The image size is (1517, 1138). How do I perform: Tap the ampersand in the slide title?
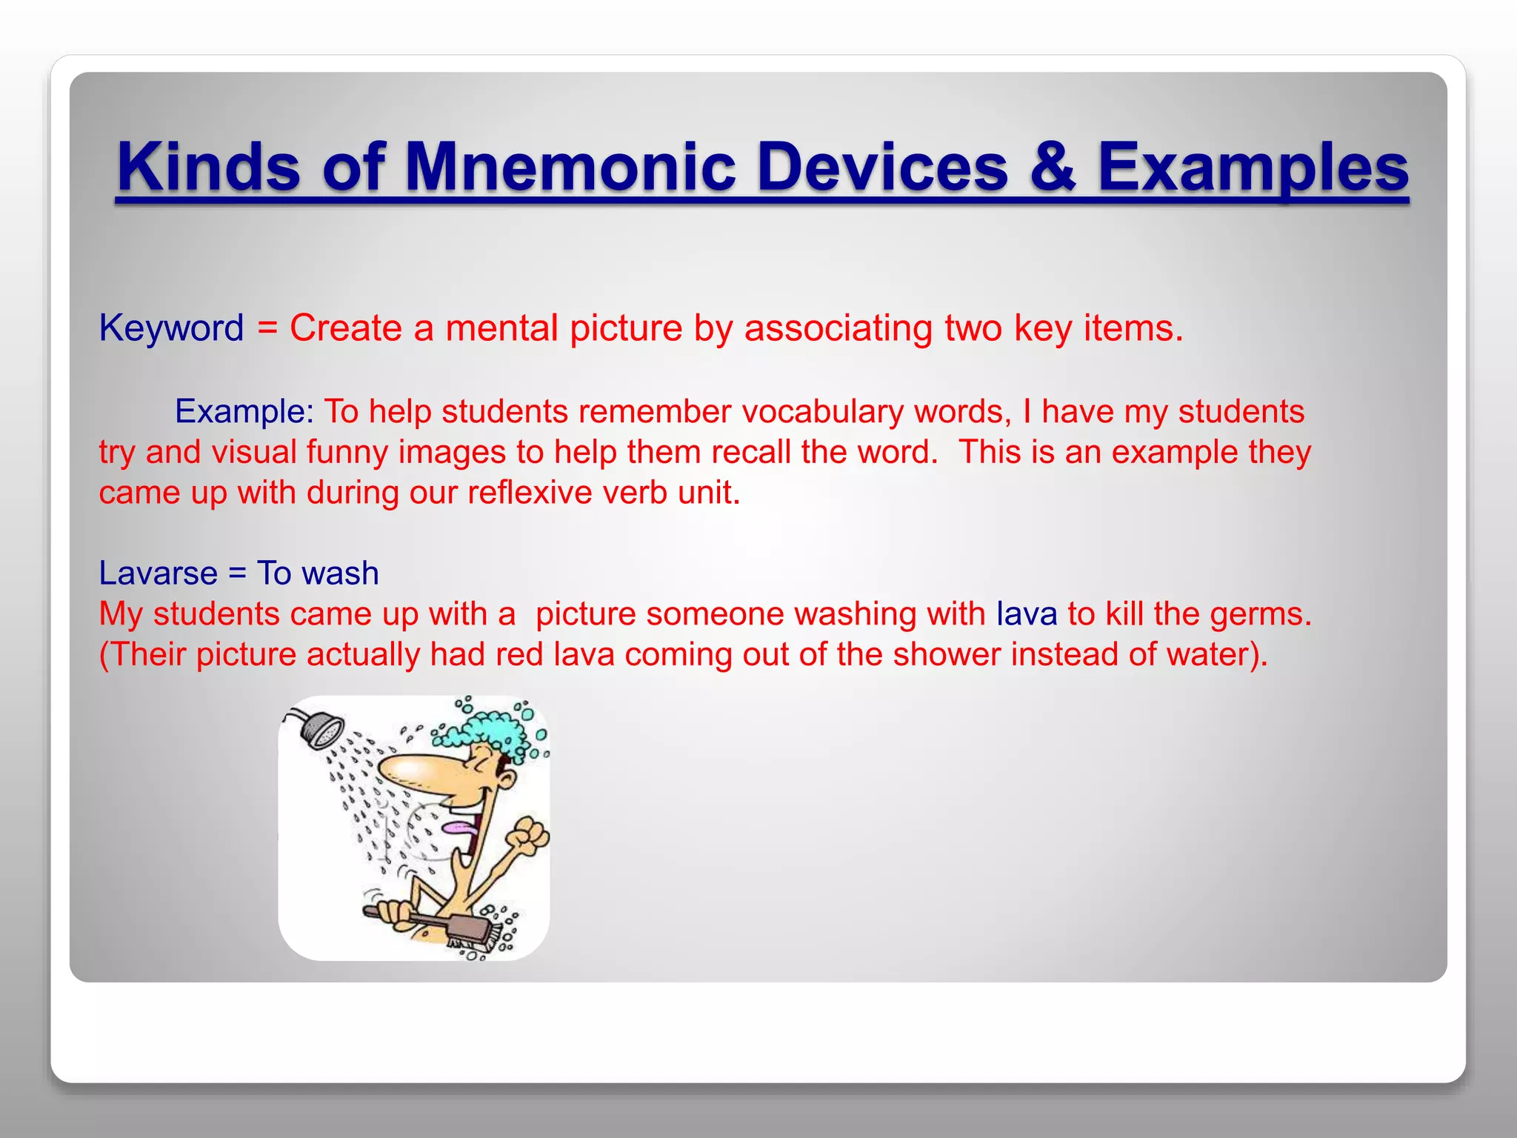tap(1052, 167)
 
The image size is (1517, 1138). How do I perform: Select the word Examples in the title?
tap(1253, 167)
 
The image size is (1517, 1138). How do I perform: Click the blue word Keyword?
tap(171, 328)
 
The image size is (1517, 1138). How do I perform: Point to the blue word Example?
tap(244, 411)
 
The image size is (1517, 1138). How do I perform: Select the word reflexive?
tap(530, 492)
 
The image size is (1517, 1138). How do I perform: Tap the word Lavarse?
tap(158, 573)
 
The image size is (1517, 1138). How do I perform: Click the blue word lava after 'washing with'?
tap(1027, 614)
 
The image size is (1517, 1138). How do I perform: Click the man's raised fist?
tap(530, 835)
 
